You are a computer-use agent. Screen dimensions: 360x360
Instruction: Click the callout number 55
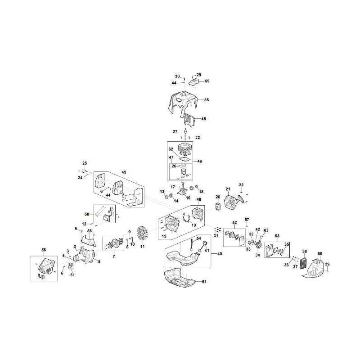coord(207,100)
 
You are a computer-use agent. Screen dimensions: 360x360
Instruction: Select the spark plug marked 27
coord(184,132)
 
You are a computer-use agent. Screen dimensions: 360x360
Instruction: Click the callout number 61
coord(204,282)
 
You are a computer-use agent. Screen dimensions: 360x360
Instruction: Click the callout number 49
coord(124,172)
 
